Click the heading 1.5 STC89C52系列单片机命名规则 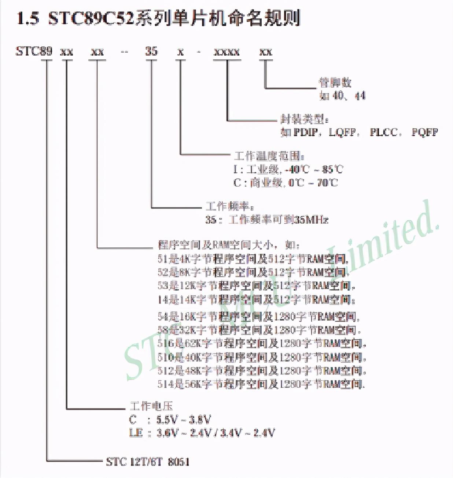coord(158,18)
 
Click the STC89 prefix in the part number coord(34,51)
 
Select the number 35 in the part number coord(151,51)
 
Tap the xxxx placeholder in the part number coord(226,52)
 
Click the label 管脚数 coord(335,82)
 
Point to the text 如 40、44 coord(342,96)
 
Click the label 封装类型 coord(304,119)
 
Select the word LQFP coord(342,132)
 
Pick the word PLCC coord(383,132)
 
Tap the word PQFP coord(424,132)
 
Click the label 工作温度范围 coord(269,156)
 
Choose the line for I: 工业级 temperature coord(288,169)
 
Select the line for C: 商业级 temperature coord(285,182)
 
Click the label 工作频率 coord(229,206)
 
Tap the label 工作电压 coord(151,406)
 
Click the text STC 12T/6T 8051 coord(148,462)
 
